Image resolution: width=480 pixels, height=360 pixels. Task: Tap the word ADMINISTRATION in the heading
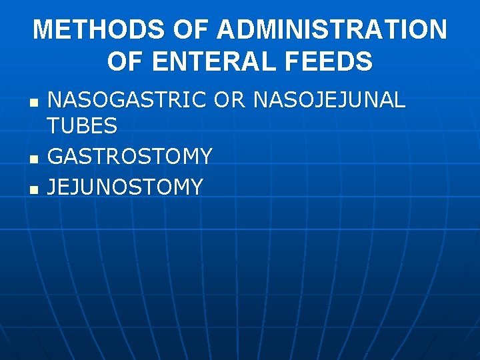(331, 29)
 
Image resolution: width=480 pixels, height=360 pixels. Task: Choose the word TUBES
(83, 125)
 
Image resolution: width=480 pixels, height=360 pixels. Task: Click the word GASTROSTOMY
(130, 156)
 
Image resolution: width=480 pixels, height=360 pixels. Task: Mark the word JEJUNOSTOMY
(125, 187)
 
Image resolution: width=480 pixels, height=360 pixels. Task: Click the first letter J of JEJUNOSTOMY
(53, 187)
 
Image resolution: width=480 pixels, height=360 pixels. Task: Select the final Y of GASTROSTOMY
(205, 156)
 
